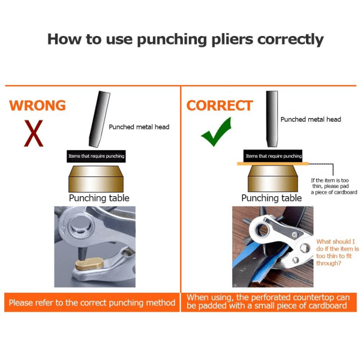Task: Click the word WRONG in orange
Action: (x=37, y=106)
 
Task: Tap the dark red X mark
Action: (x=34, y=133)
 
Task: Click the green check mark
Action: (x=216, y=131)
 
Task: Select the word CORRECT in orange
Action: (x=220, y=106)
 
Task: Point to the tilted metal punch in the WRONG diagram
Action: (x=100, y=119)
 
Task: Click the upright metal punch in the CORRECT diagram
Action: (x=272, y=119)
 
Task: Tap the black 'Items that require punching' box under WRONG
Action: (x=96, y=157)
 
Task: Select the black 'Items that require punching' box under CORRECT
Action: (x=273, y=156)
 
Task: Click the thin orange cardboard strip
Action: (x=273, y=164)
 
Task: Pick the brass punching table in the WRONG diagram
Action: (x=96, y=179)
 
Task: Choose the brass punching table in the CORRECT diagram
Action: (x=273, y=179)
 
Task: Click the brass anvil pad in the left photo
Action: (x=89, y=264)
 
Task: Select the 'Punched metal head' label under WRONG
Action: (x=139, y=127)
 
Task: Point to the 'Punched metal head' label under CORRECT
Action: (x=311, y=119)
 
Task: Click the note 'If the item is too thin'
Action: (x=334, y=186)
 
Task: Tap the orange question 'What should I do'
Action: (x=337, y=253)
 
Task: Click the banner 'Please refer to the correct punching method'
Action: (x=92, y=302)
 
